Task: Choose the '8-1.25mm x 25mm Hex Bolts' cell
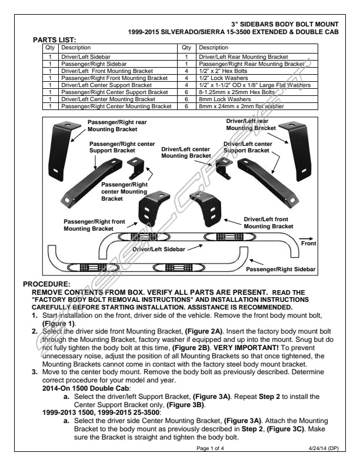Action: coord(237,92)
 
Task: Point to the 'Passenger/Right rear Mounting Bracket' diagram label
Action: coord(117,126)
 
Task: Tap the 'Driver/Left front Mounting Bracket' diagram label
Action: coord(268,222)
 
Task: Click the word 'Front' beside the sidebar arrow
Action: coord(308,242)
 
